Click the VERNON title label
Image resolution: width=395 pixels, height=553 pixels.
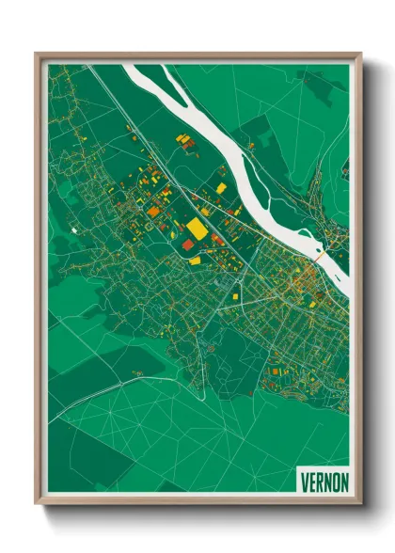pos(324,481)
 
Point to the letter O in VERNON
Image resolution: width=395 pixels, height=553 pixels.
pos(337,481)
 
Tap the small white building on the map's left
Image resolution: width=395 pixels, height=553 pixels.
pos(72,229)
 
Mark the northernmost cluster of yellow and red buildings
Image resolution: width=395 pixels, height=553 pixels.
pos(184,141)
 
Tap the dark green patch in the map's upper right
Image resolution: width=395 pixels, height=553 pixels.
pos(324,89)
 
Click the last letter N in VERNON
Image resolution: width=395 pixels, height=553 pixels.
pos(345,481)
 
